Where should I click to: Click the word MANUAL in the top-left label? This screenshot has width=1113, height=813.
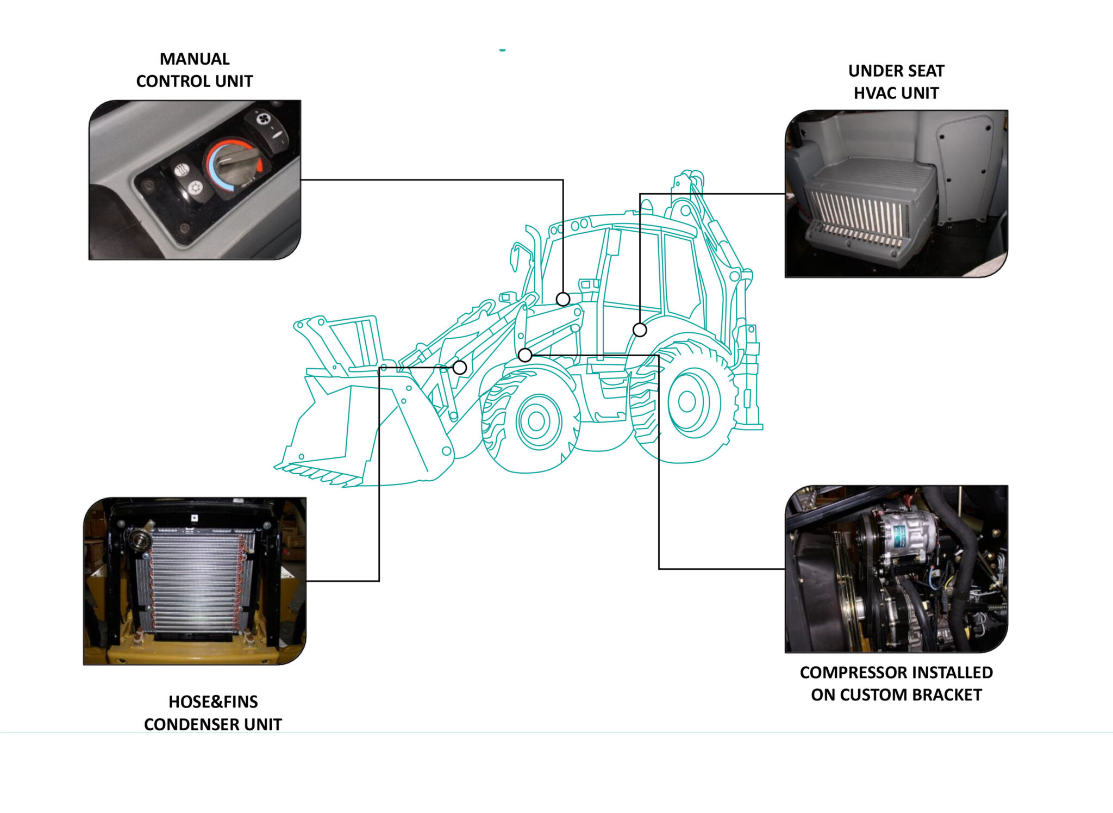195,59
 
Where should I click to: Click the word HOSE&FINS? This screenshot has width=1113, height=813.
213,702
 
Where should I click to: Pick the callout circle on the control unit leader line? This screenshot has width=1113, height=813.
563,299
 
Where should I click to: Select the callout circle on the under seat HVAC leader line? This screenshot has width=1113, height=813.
640,330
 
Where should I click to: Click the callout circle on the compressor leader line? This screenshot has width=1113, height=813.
525,355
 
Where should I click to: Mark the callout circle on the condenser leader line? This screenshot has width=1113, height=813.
460,368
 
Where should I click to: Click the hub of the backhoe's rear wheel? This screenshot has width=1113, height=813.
687,402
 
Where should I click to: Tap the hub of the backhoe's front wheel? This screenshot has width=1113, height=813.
536,421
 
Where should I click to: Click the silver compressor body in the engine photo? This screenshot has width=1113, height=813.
905,533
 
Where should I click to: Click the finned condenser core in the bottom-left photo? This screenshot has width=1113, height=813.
195,582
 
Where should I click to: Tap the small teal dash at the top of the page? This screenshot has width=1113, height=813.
503,50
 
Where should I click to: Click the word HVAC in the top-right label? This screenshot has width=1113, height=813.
876,93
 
